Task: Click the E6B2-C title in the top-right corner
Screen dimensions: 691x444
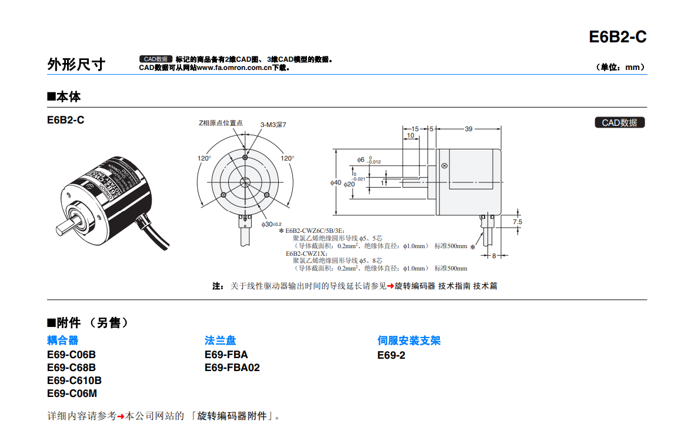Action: click(x=617, y=37)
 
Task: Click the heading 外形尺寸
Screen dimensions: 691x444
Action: click(x=76, y=64)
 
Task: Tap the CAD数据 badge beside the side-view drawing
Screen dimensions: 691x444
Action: click(x=619, y=122)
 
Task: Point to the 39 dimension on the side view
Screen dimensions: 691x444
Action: click(x=468, y=129)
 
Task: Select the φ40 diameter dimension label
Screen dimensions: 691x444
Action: click(x=336, y=182)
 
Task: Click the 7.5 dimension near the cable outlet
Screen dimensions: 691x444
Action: click(x=518, y=222)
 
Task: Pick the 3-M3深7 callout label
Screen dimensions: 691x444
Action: click(x=273, y=125)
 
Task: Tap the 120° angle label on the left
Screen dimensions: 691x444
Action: click(x=204, y=158)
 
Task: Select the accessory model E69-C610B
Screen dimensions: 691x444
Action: click(x=74, y=380)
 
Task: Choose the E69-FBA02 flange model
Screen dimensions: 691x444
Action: click(x=232, y=368)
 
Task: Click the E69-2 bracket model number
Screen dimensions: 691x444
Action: click(x=391, y=355)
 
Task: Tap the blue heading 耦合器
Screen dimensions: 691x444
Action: click(x=62, y=340)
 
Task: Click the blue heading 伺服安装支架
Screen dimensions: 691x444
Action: click(x=409, y=340)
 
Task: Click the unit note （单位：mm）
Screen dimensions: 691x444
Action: click(x=620, y=68)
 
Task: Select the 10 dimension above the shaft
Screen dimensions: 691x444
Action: click(x=410, y=135)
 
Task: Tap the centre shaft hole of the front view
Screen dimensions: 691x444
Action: click(x=245, y=182)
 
